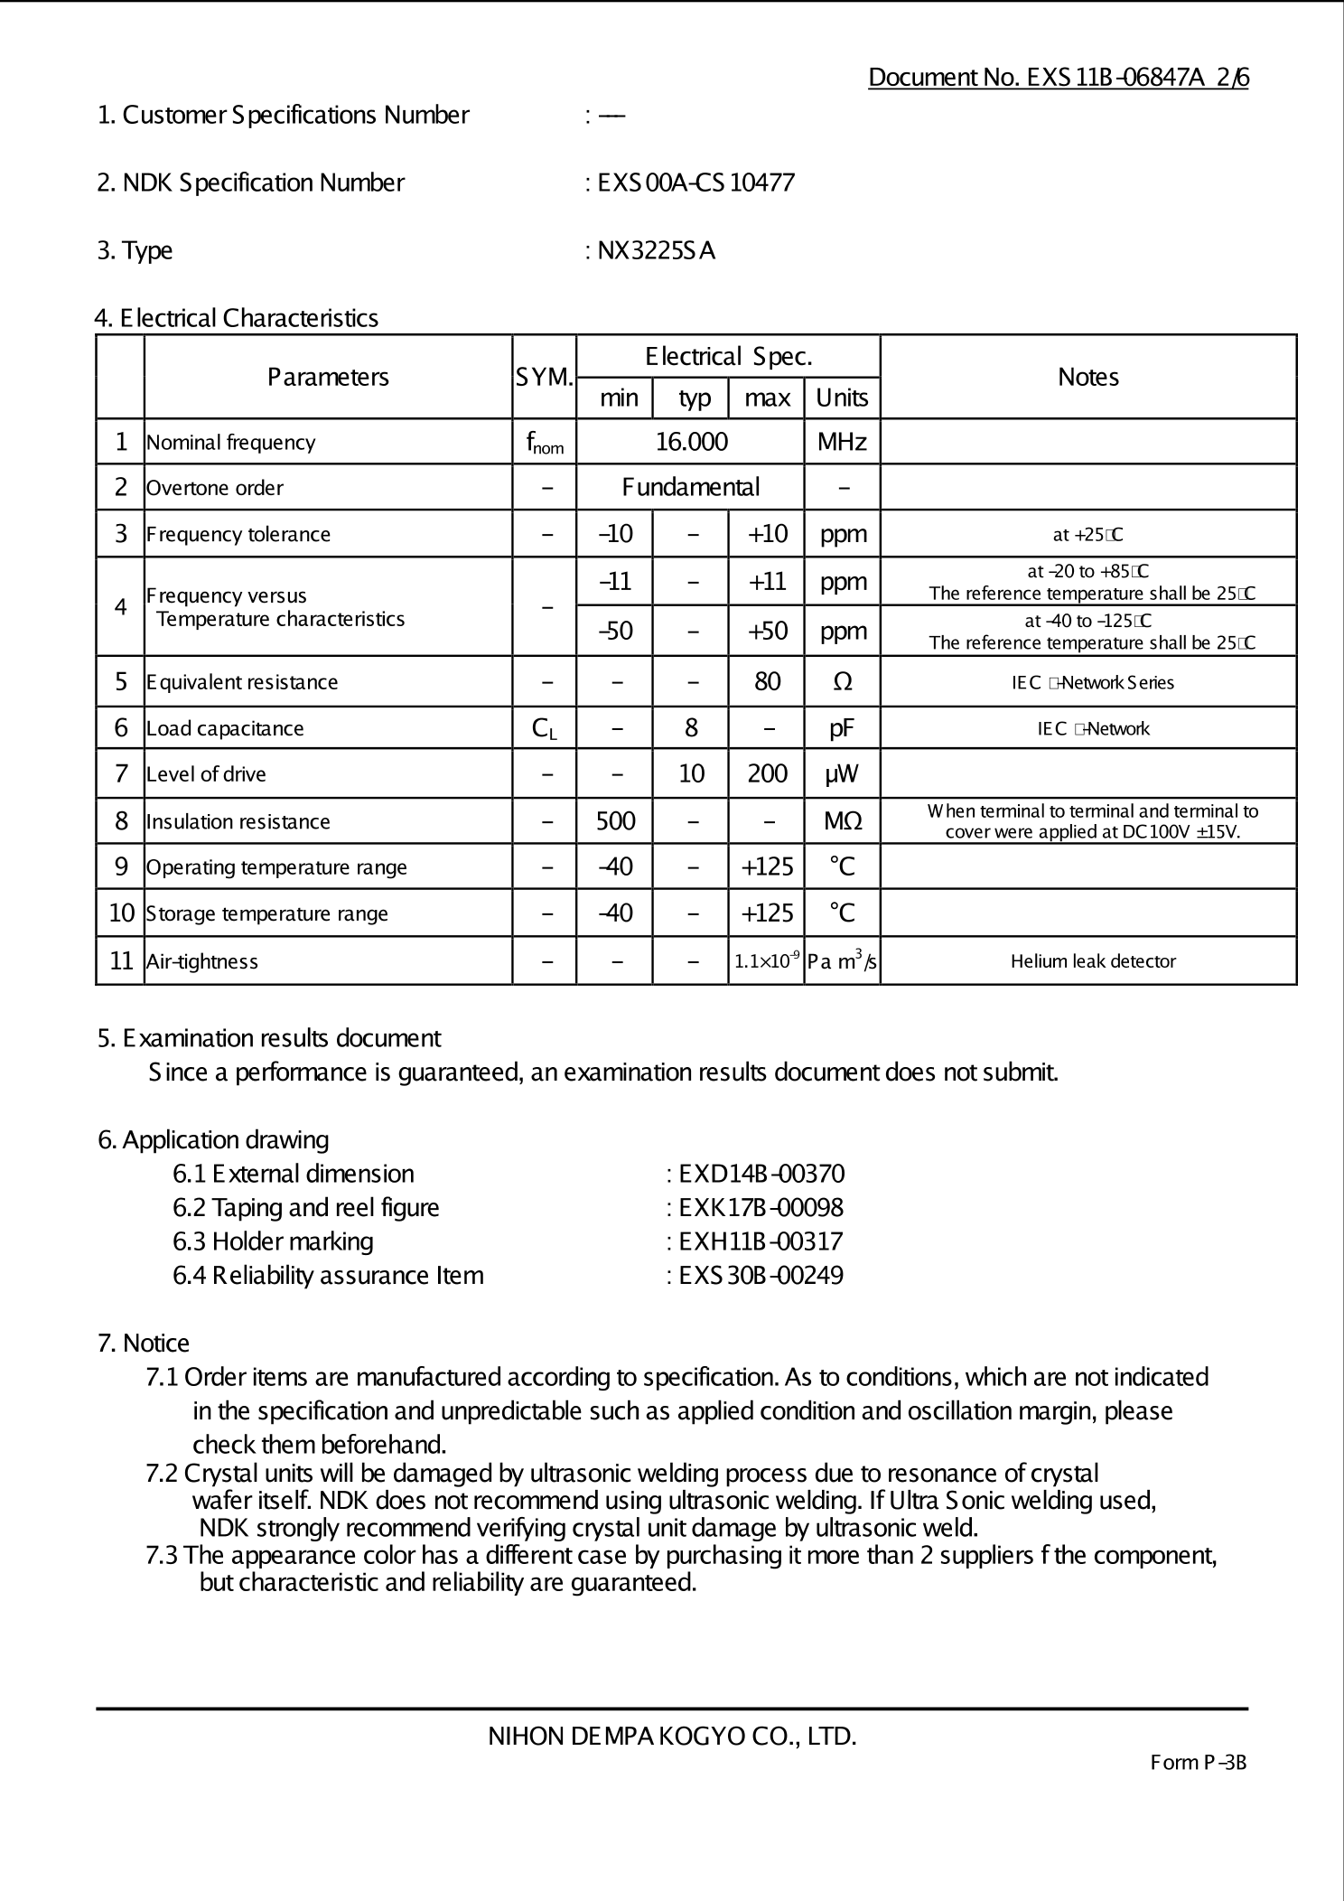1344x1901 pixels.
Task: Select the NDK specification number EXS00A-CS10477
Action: point(695,183)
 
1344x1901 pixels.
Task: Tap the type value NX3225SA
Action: point(656,250)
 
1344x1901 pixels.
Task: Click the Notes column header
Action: point(1087,377)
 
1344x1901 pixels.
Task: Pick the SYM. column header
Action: point(544,378)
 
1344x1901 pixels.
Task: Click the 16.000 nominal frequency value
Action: point(691,442)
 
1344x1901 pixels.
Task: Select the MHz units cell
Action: point(842,442)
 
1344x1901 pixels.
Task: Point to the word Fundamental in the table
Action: point(691,488)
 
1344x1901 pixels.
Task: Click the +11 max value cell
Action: point(767,581)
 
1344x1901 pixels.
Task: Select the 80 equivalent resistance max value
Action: point(767,681)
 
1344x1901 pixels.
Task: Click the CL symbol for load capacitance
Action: point(544,728)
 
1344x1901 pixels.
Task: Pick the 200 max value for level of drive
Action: point(767,773)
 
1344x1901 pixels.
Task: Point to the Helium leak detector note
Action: point(1093,961)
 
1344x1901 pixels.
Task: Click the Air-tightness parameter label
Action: point(202,961)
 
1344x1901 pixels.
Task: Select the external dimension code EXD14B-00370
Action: point(761,1174)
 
